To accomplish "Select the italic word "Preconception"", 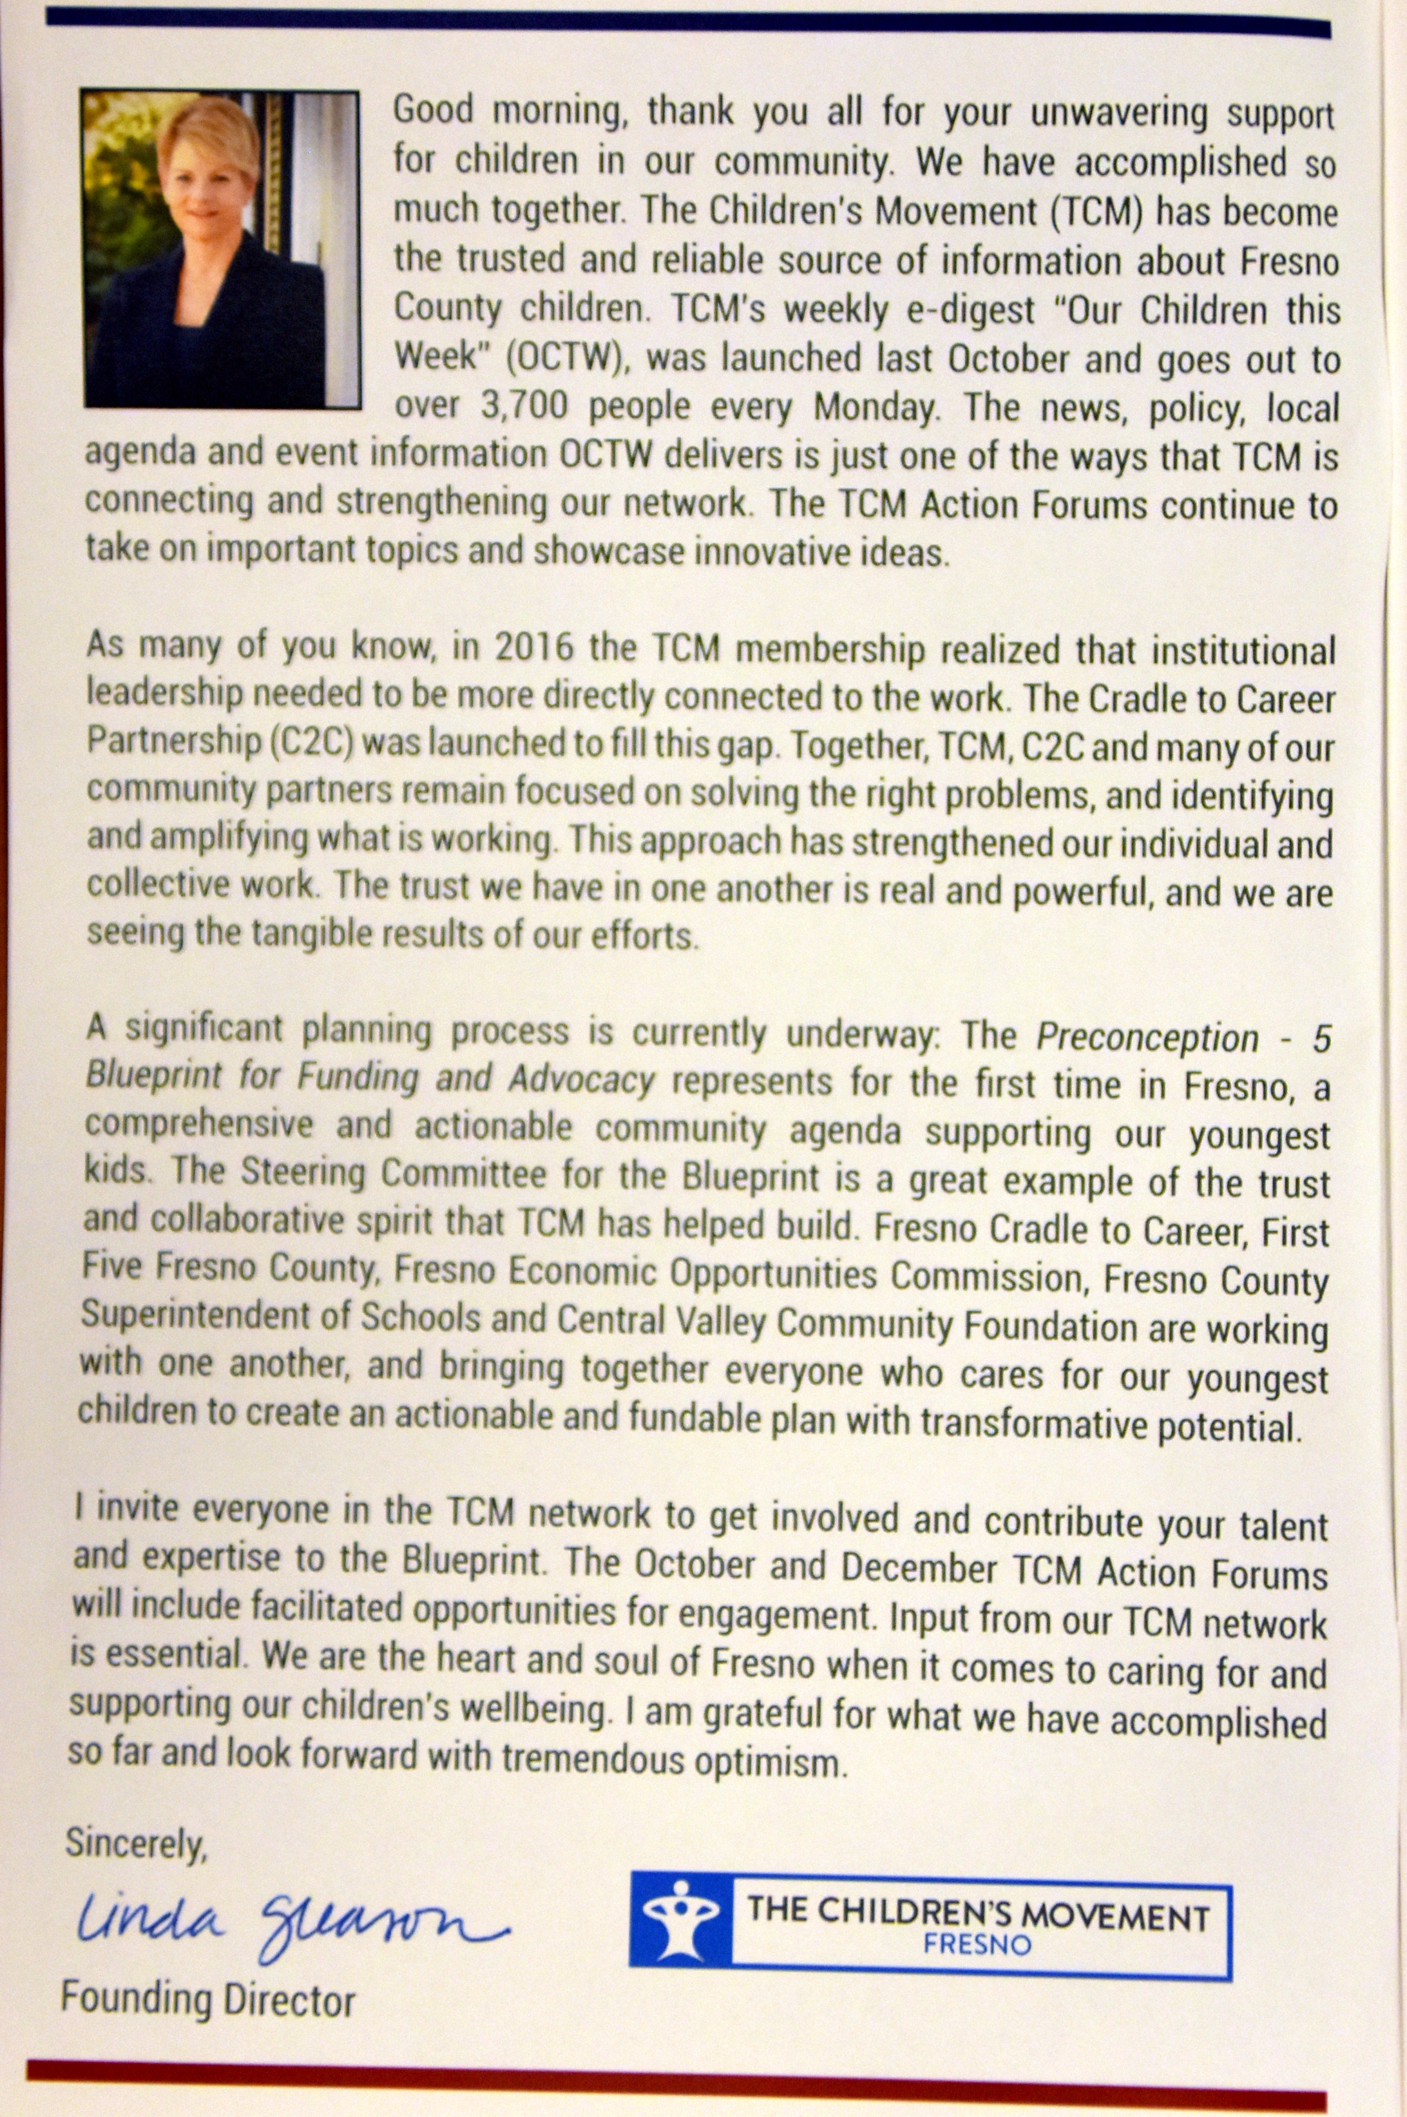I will pos(1147,1037).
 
